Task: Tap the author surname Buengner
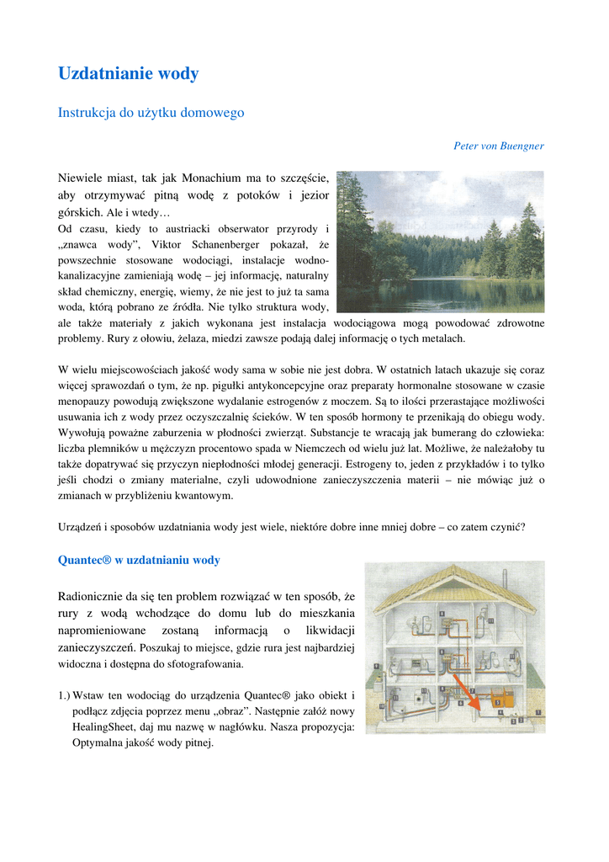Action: tap(522, 146)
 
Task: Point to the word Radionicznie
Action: tap(94, 597)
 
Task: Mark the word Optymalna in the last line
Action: tap(98, 742)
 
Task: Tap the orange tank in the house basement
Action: tap(500, 699)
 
